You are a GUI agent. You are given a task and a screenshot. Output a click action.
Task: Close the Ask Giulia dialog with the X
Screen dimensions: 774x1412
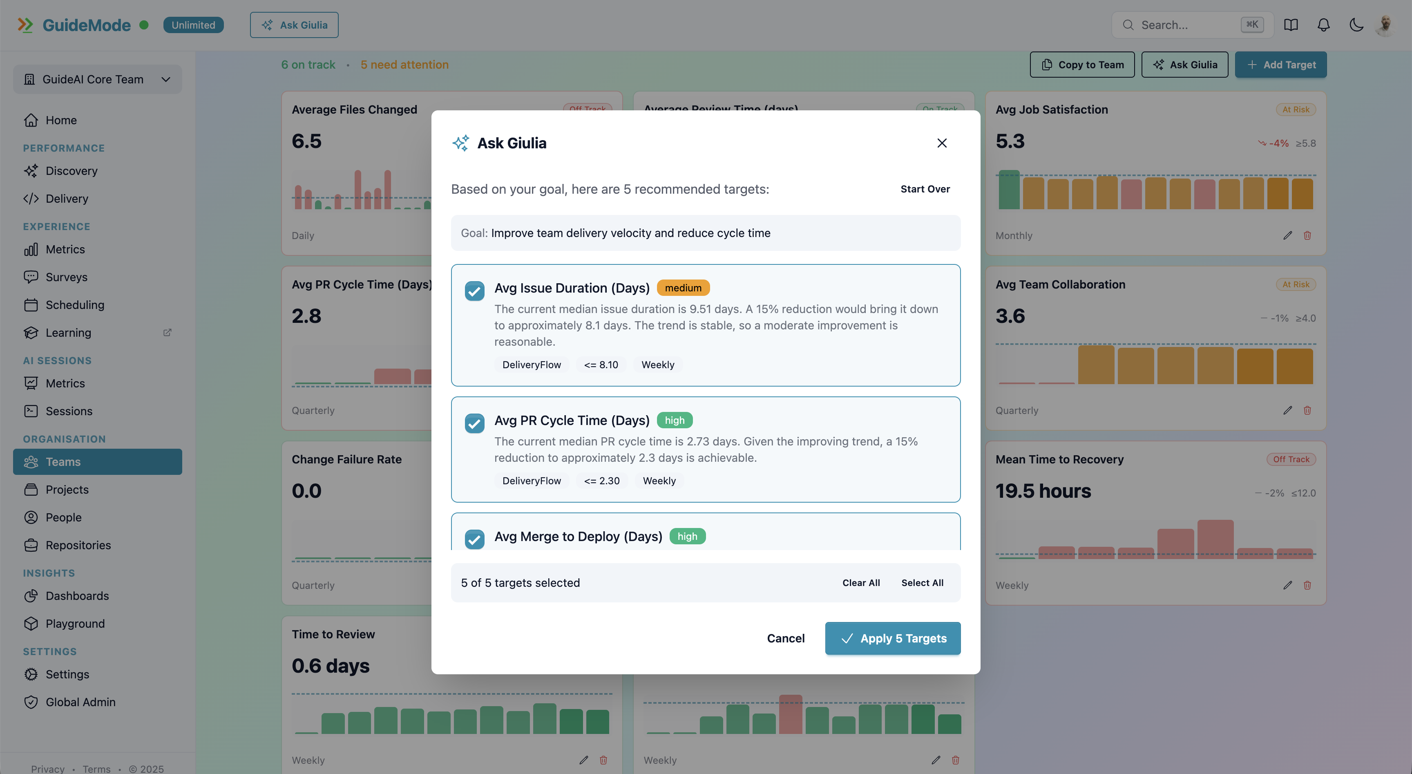point(942,143)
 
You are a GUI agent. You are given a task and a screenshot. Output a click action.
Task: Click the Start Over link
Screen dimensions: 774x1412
point(925,189)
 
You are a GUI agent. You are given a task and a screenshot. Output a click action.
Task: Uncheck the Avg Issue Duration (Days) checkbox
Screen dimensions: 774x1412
point(474,291)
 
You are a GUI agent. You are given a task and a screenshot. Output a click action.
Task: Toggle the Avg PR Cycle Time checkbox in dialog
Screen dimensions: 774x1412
point(474,423)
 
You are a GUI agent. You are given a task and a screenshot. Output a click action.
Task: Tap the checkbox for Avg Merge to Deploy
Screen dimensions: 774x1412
point(474,539)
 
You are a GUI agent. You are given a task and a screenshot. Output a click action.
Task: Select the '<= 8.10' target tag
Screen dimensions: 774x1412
point(601,365)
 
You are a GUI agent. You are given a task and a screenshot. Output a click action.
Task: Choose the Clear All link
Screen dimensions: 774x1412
point(860,583)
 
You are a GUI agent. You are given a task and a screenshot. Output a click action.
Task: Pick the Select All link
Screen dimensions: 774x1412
point(922,583)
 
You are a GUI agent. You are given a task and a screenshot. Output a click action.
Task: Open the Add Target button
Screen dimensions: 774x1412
point(1280,65)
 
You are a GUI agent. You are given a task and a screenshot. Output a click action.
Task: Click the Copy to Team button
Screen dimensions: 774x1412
point(1082,65)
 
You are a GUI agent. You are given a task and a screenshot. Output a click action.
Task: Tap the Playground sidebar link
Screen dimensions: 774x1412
point(75,623)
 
